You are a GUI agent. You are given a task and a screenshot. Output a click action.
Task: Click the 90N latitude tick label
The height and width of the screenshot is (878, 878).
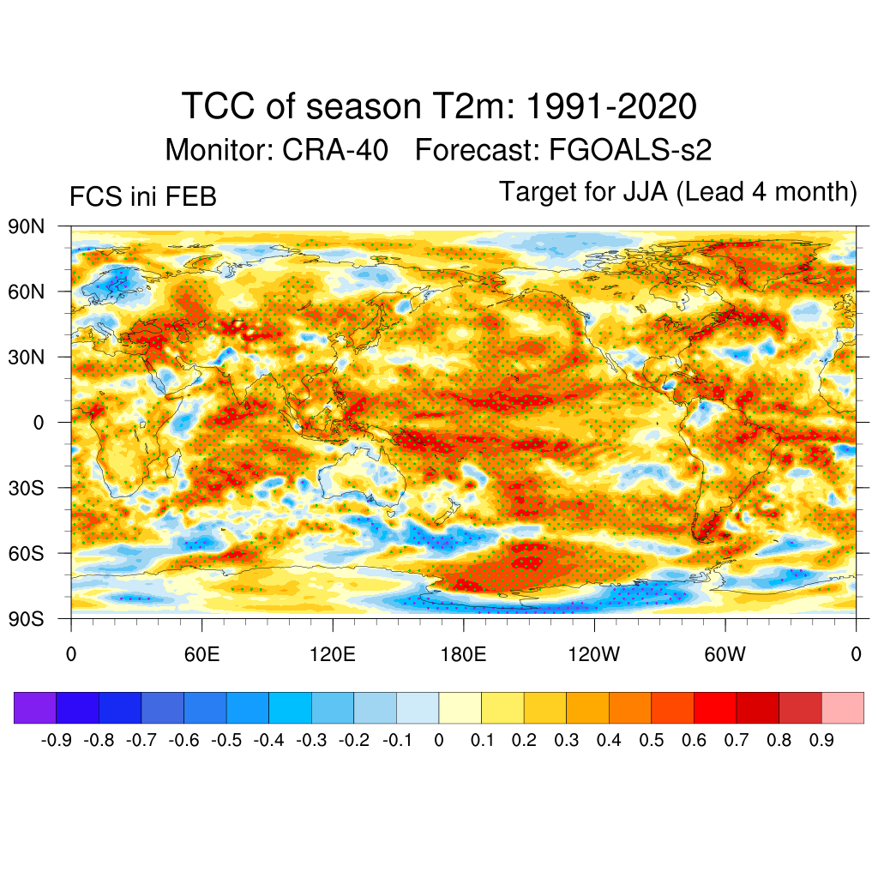point(25,226)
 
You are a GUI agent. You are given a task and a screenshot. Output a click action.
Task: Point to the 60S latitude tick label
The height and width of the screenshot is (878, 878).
point(25,553)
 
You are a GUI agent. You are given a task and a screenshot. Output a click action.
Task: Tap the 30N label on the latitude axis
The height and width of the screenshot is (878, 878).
point(25,357)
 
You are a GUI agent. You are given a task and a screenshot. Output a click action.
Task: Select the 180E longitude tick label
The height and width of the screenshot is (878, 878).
point(463,656)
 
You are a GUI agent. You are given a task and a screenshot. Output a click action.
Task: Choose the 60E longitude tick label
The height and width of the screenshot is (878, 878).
point(202,656)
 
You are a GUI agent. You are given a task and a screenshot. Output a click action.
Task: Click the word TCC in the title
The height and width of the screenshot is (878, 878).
point(218,107)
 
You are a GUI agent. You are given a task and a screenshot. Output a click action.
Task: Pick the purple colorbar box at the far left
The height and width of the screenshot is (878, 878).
point(35,707)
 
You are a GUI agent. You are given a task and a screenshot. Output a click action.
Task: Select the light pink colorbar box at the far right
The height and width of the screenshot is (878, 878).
point(842,707)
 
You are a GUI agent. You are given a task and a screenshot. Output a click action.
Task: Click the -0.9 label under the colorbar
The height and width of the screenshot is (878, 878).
point(57,740)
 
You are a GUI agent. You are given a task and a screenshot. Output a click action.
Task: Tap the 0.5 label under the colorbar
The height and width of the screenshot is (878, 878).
point(651,740)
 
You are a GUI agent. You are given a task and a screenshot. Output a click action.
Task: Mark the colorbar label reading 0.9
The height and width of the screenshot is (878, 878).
point(821,740)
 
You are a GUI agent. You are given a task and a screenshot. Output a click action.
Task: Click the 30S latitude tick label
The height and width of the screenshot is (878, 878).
point(25,488)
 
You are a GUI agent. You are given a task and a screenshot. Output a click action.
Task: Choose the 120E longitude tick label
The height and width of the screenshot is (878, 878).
point(333,656)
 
